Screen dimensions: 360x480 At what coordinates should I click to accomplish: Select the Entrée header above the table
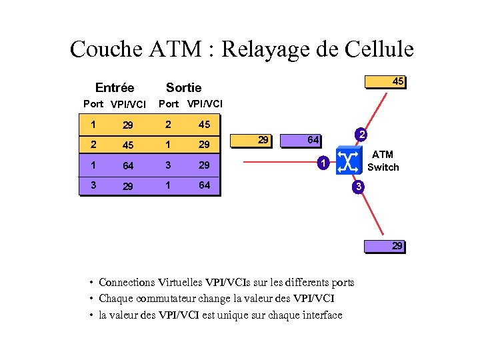[x=115, y=88]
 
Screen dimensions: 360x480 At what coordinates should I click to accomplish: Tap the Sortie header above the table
[x=183, y=88]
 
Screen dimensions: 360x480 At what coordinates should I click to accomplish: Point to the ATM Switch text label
[x=383, y=161]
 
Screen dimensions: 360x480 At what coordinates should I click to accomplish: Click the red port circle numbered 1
[x=321, y=162]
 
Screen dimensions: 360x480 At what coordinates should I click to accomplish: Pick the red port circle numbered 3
[x=358, y=187]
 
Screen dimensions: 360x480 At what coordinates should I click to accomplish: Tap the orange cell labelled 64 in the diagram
[x=301, y=140]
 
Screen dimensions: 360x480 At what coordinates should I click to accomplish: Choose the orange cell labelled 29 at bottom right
[x=385, y=246]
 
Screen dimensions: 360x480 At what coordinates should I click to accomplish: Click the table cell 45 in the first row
[x=205, y=125]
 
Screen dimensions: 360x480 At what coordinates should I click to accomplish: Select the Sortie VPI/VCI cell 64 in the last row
[x=205, y=185]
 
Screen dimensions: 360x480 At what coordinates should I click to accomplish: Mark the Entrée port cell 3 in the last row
[x=93, y=185]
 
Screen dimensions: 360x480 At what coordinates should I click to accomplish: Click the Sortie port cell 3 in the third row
[x=169, y=165]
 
